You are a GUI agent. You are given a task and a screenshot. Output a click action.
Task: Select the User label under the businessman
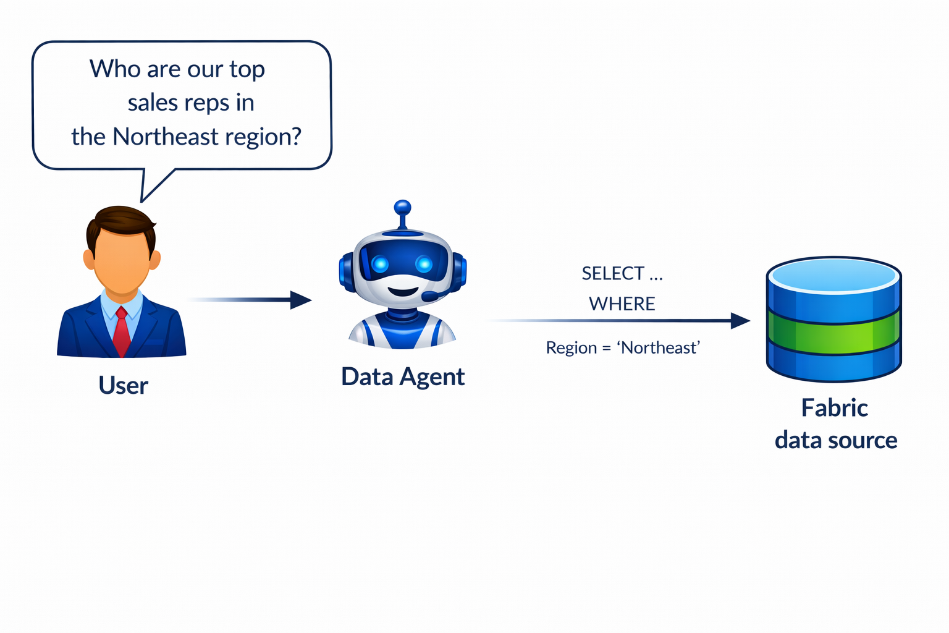(123, 386)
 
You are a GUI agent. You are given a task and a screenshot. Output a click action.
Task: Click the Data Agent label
(403, 376)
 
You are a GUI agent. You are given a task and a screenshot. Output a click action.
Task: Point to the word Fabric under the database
(834, 408)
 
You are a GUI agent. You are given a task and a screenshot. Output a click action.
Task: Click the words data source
(835, 440)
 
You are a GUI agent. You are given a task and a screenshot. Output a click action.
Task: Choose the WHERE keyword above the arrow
(622, 304)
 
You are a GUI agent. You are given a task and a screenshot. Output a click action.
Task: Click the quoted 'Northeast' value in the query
(659, 348)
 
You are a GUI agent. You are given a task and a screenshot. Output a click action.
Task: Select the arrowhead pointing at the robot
(301, 300)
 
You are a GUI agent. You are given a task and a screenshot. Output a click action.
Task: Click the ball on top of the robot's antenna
(402, 206)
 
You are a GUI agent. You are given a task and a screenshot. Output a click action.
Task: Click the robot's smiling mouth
(403, 291)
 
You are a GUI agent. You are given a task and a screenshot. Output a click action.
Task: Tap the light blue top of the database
(834, 276)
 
